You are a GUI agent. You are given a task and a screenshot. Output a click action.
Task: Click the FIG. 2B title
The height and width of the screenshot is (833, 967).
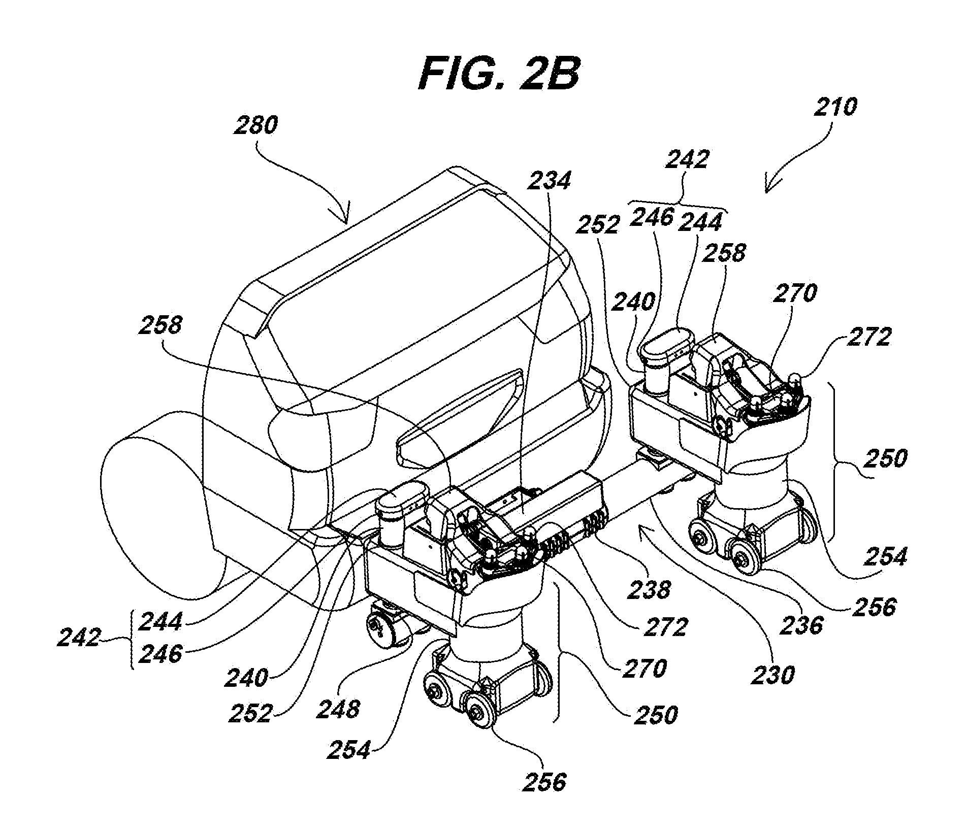[x=499, y=74]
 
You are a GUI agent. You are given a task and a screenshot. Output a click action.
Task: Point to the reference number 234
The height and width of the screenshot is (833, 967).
[x=550, y=180]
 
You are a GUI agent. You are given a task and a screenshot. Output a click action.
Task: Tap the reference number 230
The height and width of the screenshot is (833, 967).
[x=772, y=675]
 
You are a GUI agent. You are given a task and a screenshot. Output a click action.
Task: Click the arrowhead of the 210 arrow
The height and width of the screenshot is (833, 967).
[x=769, y=188]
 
